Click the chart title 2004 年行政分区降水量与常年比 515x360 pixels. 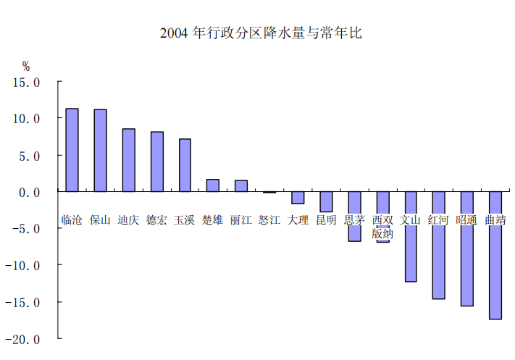(261, 33)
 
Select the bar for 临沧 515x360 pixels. (72, 150)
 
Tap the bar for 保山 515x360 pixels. (100, 151)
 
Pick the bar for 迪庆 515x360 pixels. (129, 160)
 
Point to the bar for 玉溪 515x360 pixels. (185, 165)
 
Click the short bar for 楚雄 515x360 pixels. (213, 185)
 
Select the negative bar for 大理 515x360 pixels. (298, 198)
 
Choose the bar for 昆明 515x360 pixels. (326, 201)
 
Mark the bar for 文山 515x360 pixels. (411, 236)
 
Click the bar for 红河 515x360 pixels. (439, 245)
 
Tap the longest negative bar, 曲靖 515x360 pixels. (495, 255)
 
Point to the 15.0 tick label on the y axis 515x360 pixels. (26, 83)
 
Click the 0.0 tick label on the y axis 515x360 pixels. (29, 193)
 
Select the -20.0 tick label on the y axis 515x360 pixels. (22, 339)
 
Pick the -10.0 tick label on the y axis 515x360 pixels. (22, 265)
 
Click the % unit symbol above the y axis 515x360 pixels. (26, 67)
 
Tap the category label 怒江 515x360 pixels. (269, 219)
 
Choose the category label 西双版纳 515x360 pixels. (382, 227)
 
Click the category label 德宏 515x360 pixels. (156, 219)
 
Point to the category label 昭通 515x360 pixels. (466, 219)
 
